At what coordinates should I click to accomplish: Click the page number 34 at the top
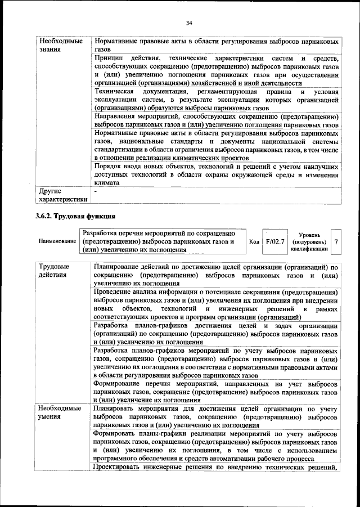(189, 23)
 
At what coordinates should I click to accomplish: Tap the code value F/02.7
(276, 241)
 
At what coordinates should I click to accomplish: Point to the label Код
(254, 241)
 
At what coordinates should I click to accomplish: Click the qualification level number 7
(336, 241)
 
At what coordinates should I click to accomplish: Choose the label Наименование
(57, 241)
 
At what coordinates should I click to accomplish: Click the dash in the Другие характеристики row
(96, 191)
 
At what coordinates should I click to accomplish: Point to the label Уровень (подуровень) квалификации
(309, 241)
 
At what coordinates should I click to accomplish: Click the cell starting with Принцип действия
(216, 70)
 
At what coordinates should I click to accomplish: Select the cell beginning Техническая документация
(216, 99)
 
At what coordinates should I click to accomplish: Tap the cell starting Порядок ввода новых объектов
(216, 175)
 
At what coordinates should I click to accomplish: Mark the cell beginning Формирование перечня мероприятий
(216, 391)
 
